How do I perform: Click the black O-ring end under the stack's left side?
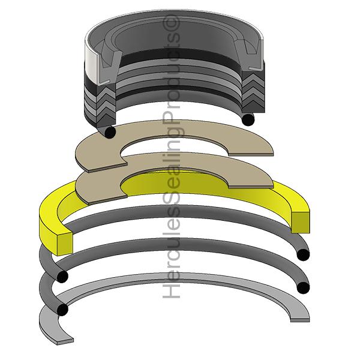(x=109, y=131)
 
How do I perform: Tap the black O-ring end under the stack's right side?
(x=245, y=120)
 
